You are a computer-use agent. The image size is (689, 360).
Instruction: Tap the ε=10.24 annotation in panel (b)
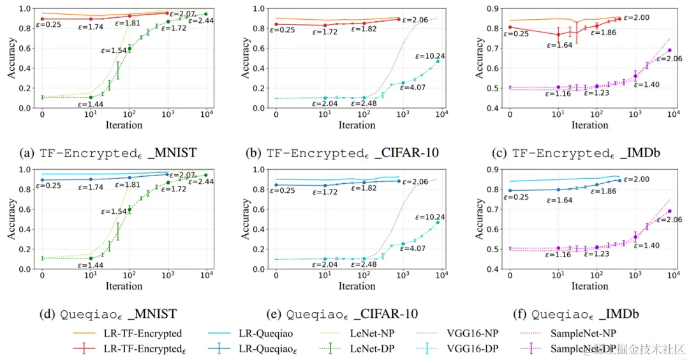(x=430, y=56)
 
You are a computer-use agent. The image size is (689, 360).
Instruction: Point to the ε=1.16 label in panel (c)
(x=559, y=94)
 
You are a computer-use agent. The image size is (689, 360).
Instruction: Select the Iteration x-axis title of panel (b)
(x=357, y=125)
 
